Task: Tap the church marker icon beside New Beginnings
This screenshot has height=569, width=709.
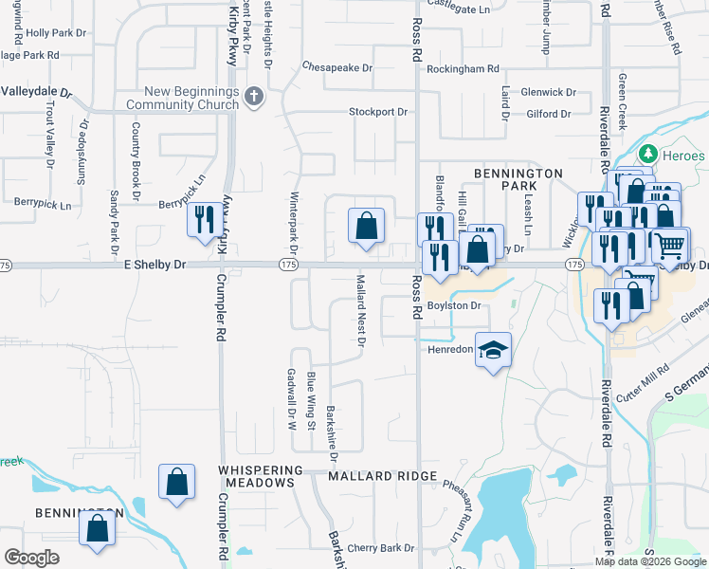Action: click(253, 96)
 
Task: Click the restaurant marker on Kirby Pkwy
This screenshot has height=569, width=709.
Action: click(206, 221)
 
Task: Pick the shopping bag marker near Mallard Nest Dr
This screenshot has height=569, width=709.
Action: click(366, 227)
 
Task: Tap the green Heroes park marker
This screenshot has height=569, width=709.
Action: click(648, 154)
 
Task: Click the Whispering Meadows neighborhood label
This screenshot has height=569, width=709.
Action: click(258, 476)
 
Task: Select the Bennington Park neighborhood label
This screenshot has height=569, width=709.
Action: click(519, 180)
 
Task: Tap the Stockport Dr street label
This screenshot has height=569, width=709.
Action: click(377, 112)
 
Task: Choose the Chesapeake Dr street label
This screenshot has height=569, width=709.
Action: click(337, 68)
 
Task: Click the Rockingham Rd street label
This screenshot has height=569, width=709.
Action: click(463, 69)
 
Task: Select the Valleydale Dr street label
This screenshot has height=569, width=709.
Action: click(36, 93)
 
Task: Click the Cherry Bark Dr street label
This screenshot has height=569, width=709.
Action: click(382, 548)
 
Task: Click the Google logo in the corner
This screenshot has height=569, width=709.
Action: click(31, 558)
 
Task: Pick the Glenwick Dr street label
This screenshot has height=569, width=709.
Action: click(548, 93)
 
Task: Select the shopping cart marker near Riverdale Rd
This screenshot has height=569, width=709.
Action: click(669, 246)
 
